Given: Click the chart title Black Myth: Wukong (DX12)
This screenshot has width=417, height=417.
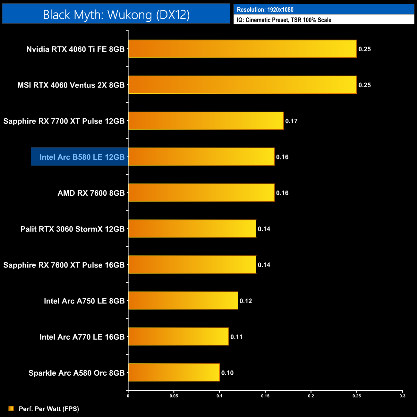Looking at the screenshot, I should tap(116, 14).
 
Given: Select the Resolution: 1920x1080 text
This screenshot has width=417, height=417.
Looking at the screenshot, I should tap(265, 10).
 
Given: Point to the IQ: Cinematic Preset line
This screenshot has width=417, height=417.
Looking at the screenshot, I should tap(284, 20).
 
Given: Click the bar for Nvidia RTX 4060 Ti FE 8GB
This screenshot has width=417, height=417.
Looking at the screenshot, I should tap(243, 49).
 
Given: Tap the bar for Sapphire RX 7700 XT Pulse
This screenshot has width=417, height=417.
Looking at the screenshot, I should tap(206, 121).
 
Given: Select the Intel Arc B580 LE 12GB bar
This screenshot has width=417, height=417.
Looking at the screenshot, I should tap(201, 157).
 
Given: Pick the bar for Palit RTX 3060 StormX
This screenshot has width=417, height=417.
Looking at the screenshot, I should tap(192, 228).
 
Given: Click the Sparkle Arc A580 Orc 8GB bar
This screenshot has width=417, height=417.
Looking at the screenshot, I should tap(174, 372).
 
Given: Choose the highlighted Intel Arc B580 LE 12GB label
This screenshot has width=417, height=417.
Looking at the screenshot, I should tap(82, 157).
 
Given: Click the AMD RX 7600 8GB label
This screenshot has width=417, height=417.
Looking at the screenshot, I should tap(91, 193).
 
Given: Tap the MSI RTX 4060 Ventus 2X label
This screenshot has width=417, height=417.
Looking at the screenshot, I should tap(71, 85).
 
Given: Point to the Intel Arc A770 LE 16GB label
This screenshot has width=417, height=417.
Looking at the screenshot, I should tap(82, 337).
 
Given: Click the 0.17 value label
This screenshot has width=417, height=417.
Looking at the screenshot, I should tap(291, 121).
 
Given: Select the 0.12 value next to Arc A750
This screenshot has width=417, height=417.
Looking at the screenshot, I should tap(246, 301).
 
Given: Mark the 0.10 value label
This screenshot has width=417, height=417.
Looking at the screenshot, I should tap(227, 373).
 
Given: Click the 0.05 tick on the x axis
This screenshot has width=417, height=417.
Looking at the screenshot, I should tap(174, 396).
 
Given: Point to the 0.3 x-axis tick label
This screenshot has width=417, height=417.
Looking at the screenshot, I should tap(402, 396).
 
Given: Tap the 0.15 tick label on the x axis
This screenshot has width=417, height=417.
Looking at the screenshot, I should tap(265, 396).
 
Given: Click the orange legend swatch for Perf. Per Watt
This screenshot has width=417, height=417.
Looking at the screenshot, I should tap(11, 408).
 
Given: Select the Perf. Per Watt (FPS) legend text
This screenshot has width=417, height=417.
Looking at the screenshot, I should tap(49, 409).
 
